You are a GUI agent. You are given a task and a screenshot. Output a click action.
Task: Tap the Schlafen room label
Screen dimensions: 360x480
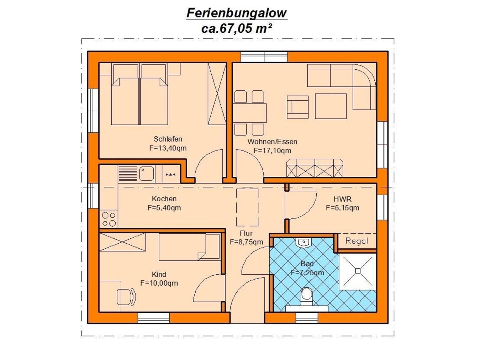[x=168, y=139]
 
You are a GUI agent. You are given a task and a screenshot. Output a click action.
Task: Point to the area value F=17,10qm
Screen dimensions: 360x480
[x=272, y=151]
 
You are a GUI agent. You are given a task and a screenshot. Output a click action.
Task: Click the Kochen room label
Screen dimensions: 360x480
[x=164, y=199]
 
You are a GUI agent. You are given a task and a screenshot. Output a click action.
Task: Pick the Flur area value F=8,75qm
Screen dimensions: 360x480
[x=246, y=242]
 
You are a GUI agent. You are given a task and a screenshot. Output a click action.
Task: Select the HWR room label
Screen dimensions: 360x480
[x=342, y=199]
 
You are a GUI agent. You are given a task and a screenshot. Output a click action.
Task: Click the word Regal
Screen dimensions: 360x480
[x=356, y=241]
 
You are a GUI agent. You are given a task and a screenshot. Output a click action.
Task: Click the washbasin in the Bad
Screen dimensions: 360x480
[x=304, y=242]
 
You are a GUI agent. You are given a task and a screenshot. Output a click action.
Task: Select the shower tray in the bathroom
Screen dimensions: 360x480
[x=358, y=271]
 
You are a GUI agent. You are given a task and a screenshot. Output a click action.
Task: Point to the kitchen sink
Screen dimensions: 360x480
[x=146, y=174]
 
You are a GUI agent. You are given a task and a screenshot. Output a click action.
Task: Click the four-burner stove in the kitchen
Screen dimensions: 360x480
[x=109, y=219]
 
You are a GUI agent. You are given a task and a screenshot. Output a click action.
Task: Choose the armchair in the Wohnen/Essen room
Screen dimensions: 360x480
[x=298, y=107]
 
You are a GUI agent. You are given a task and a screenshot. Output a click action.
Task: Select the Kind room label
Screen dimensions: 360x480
[x=159, y=275]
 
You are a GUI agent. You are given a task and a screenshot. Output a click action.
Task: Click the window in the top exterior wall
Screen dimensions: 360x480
[x=264, y=57]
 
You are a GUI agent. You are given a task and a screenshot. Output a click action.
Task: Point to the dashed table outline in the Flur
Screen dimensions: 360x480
[x=247, y=207]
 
